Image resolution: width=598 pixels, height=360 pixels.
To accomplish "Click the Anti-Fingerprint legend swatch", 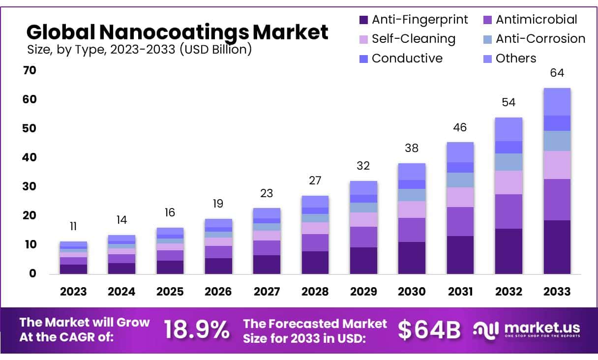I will tap(364, 20).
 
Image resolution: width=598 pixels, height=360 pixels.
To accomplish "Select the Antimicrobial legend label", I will tap(537, 20).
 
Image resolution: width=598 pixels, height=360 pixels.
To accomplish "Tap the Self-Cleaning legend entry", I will tap(413, 39).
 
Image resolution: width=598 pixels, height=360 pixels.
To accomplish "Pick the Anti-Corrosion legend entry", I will tap(540, 39).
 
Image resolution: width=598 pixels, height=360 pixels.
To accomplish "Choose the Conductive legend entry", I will tap(407, 58).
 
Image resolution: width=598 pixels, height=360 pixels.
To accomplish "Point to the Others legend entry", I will tap(516, 58).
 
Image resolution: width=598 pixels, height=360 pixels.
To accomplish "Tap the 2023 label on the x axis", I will tap(73, 291).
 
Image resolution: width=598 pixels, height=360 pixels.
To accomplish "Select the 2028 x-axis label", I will tap(315, 291).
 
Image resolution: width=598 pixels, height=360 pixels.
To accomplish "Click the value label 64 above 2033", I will tap(557, 73).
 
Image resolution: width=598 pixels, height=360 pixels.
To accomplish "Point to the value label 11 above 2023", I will tap(73, 226).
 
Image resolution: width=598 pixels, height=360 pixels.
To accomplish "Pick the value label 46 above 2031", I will tap(460, 127).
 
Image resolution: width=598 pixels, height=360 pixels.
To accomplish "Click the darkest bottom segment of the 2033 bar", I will tap(557, 247).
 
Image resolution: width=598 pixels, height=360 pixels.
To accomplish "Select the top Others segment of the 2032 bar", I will tap(508, 129).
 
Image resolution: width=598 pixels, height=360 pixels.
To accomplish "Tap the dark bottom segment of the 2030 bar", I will tap(412, 258).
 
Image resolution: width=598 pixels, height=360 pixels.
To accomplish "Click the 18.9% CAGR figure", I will tap(196, 330).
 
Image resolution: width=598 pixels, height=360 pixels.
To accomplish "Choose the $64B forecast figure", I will tap(429, 330).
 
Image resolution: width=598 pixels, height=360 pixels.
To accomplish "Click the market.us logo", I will tap(527, 329).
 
